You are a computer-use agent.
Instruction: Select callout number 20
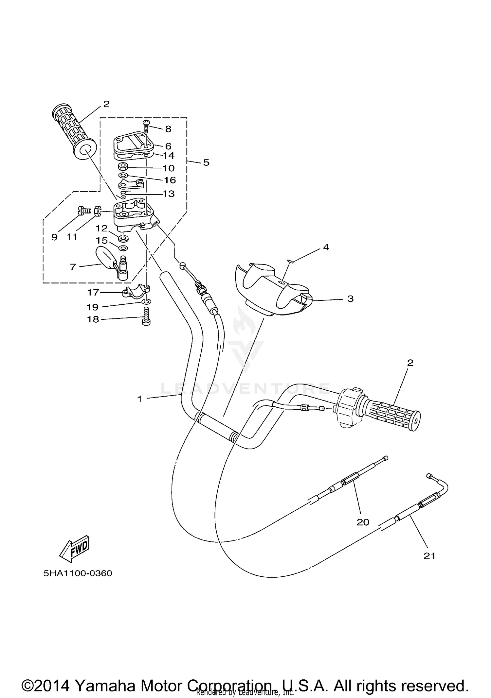click(363, 522)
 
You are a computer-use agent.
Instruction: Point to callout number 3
click(350, 298)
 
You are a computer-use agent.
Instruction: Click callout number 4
click(326, 247)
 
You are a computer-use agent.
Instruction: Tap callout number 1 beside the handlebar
click(140, 399)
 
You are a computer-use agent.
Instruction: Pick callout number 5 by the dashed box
click(206, 162)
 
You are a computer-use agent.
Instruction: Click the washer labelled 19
click(147, 301)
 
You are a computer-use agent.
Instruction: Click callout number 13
click(169, 194)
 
